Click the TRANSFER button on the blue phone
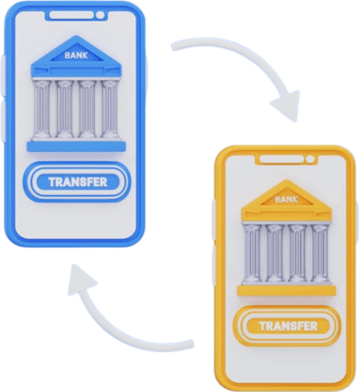77,182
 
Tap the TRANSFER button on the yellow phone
286,325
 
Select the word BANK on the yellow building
286,200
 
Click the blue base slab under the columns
77,146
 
